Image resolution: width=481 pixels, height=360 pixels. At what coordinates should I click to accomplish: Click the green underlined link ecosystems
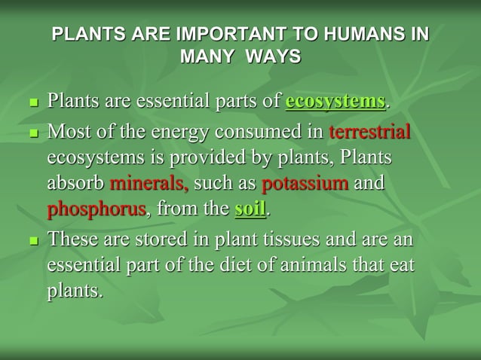tap(335, 101)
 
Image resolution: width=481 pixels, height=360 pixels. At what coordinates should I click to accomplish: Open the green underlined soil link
tap(250, 209)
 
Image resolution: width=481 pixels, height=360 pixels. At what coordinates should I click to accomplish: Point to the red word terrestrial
tap(369, 133)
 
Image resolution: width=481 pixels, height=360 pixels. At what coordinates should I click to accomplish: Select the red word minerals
tap(149, 183)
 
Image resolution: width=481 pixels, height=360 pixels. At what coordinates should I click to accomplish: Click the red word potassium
tap(305, 183)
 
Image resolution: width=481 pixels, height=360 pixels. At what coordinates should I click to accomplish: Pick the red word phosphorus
tap(97, 209)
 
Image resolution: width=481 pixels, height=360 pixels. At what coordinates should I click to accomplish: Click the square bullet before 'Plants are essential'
tap(32, 102)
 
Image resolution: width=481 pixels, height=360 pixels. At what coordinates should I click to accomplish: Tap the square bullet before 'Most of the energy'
tap(32, 134)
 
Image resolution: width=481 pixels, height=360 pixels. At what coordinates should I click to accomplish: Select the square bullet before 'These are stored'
tap(32, 242)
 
